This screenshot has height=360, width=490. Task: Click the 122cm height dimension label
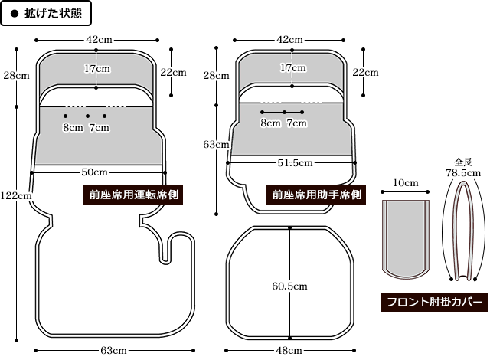tap(16, 195)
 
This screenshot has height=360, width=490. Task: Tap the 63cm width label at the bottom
tap(113, 350)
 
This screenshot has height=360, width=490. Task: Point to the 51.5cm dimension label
tap(294, 162)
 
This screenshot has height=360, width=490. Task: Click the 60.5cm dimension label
tap(289, 286)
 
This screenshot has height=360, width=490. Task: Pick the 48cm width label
tap(289, 350)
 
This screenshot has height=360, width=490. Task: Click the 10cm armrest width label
tap(406, 182)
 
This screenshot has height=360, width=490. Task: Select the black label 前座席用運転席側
tap(132, 195)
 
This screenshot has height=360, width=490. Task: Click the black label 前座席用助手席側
tap(317, 195)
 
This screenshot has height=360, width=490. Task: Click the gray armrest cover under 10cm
tap(406, 237)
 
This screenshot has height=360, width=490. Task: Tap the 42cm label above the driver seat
tap(96, 38)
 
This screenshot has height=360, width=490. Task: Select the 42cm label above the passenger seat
tap(289, 38)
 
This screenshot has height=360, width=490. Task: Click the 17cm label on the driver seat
tap(96, 68)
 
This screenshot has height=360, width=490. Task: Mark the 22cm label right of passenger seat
tap(365, 73)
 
